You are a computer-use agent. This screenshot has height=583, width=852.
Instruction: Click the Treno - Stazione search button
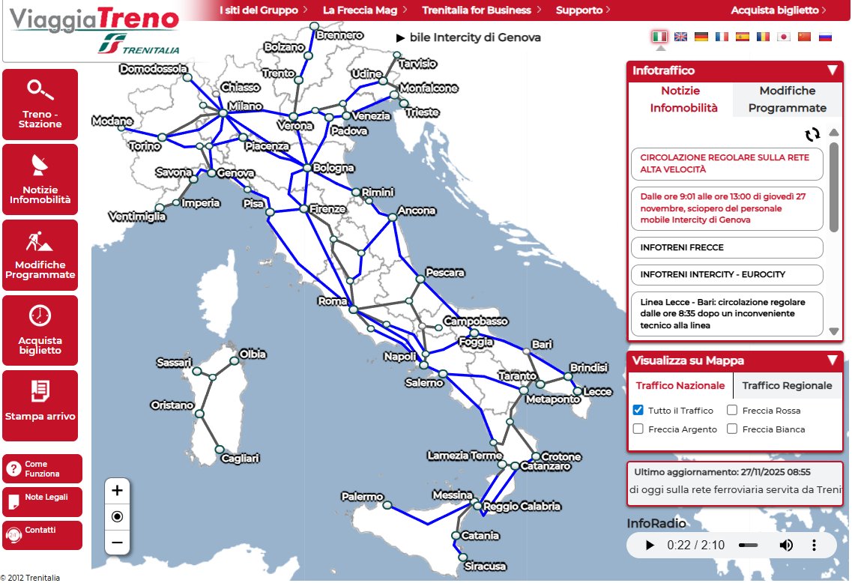(x=40, y=103)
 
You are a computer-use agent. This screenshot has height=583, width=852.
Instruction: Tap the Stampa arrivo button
(x=40, y=405)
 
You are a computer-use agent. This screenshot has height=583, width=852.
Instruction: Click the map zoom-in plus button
(x=117, y=491)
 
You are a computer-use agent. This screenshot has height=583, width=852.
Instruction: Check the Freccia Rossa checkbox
(x=733, y=411)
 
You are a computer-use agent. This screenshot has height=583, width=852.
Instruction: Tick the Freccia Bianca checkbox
(x=733, y=429)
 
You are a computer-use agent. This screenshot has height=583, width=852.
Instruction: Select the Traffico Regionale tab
(x=787, y=386)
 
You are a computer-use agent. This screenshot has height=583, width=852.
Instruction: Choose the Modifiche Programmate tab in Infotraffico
(x=787, y=99)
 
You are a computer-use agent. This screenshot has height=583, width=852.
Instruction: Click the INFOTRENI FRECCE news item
(x=727, y=247)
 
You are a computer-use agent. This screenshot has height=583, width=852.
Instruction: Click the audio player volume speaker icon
(x=786, y=545)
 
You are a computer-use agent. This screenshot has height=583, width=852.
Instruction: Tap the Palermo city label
(x=362, y=497)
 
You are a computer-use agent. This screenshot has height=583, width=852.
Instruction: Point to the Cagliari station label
(x=240, y=458)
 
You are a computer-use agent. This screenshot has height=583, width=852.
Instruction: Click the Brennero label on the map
(x=339, y=35)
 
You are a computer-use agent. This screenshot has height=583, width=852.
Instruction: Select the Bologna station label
(x=333, y=168)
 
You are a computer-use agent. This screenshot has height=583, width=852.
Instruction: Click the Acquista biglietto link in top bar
(x=778, y=10)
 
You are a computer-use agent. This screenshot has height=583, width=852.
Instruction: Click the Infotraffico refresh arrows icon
(x=812, y=134)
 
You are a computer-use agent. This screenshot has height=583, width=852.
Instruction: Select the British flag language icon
(x=680, y=37)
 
